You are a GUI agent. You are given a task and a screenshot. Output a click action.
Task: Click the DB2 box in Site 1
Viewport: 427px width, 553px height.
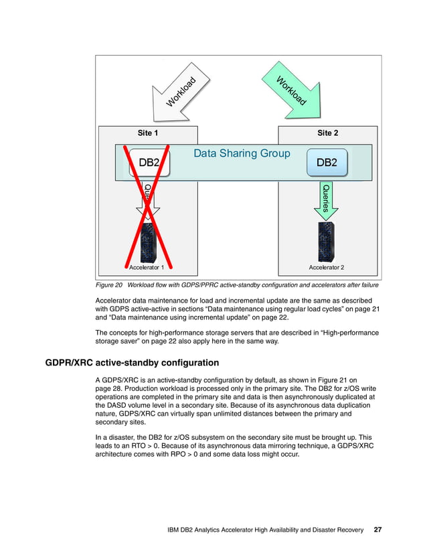[149, 163]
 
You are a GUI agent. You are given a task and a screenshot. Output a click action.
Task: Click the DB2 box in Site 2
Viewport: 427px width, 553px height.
[327, 163]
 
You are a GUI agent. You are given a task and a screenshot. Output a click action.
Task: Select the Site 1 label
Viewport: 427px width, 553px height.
[148, 133]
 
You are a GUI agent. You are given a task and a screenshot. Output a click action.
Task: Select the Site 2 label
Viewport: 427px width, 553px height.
[327, 133]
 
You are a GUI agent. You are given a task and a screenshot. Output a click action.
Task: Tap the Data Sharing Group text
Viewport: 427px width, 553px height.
[242, 154]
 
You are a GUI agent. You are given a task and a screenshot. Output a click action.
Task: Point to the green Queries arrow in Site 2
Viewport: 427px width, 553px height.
[326, 199]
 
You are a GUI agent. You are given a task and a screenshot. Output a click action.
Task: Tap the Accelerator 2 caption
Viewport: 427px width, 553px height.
[326, 268]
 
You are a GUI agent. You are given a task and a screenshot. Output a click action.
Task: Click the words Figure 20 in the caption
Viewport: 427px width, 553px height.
[111, 285]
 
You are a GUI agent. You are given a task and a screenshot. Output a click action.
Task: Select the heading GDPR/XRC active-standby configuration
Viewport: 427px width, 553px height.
[132, 364]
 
